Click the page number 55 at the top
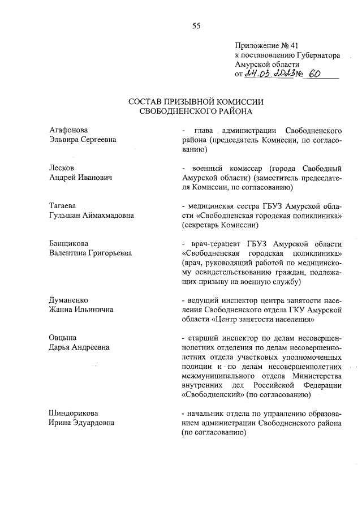click(196, 25)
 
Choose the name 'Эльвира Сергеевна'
click(83, 140)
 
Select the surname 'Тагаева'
click(63, 205)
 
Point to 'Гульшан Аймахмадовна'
click(90, 215)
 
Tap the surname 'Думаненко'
click(70, 300)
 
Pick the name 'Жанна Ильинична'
click(81, 309)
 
